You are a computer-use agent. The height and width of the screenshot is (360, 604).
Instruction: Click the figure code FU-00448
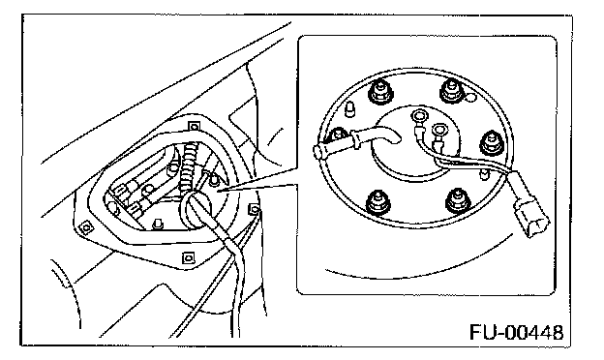tap(516, 332)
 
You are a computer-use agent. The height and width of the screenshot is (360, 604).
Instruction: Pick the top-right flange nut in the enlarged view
tap(451, 91)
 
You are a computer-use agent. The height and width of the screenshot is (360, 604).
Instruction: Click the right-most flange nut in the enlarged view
tap(492, 144)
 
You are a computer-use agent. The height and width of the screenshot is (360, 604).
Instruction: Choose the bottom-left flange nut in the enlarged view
tap(377, 201)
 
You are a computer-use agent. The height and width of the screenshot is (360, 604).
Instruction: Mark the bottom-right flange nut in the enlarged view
tap(459, 201)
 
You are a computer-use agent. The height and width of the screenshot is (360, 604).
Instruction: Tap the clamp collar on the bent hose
tap(355, 138)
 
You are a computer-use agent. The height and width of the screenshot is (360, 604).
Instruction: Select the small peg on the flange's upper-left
tap(349, 109)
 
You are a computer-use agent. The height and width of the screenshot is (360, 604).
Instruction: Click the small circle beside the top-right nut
tap(470, 99)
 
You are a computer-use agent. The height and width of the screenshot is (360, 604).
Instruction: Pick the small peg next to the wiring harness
tap(483, 174)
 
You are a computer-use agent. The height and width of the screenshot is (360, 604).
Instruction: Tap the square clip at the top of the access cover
tap(194, 126)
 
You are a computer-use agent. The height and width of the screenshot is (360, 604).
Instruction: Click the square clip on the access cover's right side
tap(254, 209)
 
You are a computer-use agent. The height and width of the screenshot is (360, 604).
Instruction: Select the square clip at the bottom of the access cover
tap(188, 257)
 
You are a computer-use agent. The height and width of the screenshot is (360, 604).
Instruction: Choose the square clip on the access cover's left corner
tap(86, 228)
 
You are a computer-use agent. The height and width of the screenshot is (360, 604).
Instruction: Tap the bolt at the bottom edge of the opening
tap(157, 224)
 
